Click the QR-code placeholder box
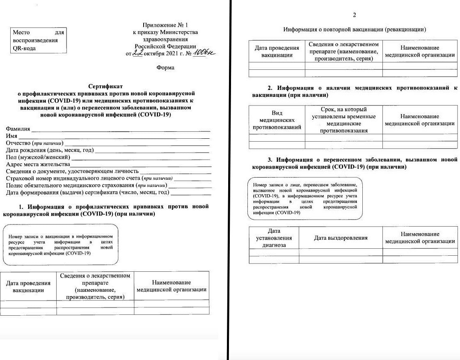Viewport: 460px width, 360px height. (39, 40)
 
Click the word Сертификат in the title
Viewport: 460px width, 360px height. (105, 86)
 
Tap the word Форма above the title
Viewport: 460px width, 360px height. (165, 67)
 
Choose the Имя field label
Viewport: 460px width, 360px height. (11, 136)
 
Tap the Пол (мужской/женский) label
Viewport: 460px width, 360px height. (38, 157)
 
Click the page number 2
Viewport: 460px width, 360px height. (354, 15)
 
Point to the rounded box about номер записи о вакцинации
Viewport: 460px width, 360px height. (60, 245)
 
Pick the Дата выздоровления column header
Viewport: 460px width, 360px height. (341, 238)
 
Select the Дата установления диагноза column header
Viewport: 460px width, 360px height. (274, 238)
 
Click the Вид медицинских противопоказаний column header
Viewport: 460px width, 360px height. (277, 120)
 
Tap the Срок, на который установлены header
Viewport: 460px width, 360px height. (343, 120)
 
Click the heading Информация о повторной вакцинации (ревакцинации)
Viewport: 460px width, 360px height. (354, 30)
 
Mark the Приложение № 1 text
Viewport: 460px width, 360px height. (165, 25)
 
